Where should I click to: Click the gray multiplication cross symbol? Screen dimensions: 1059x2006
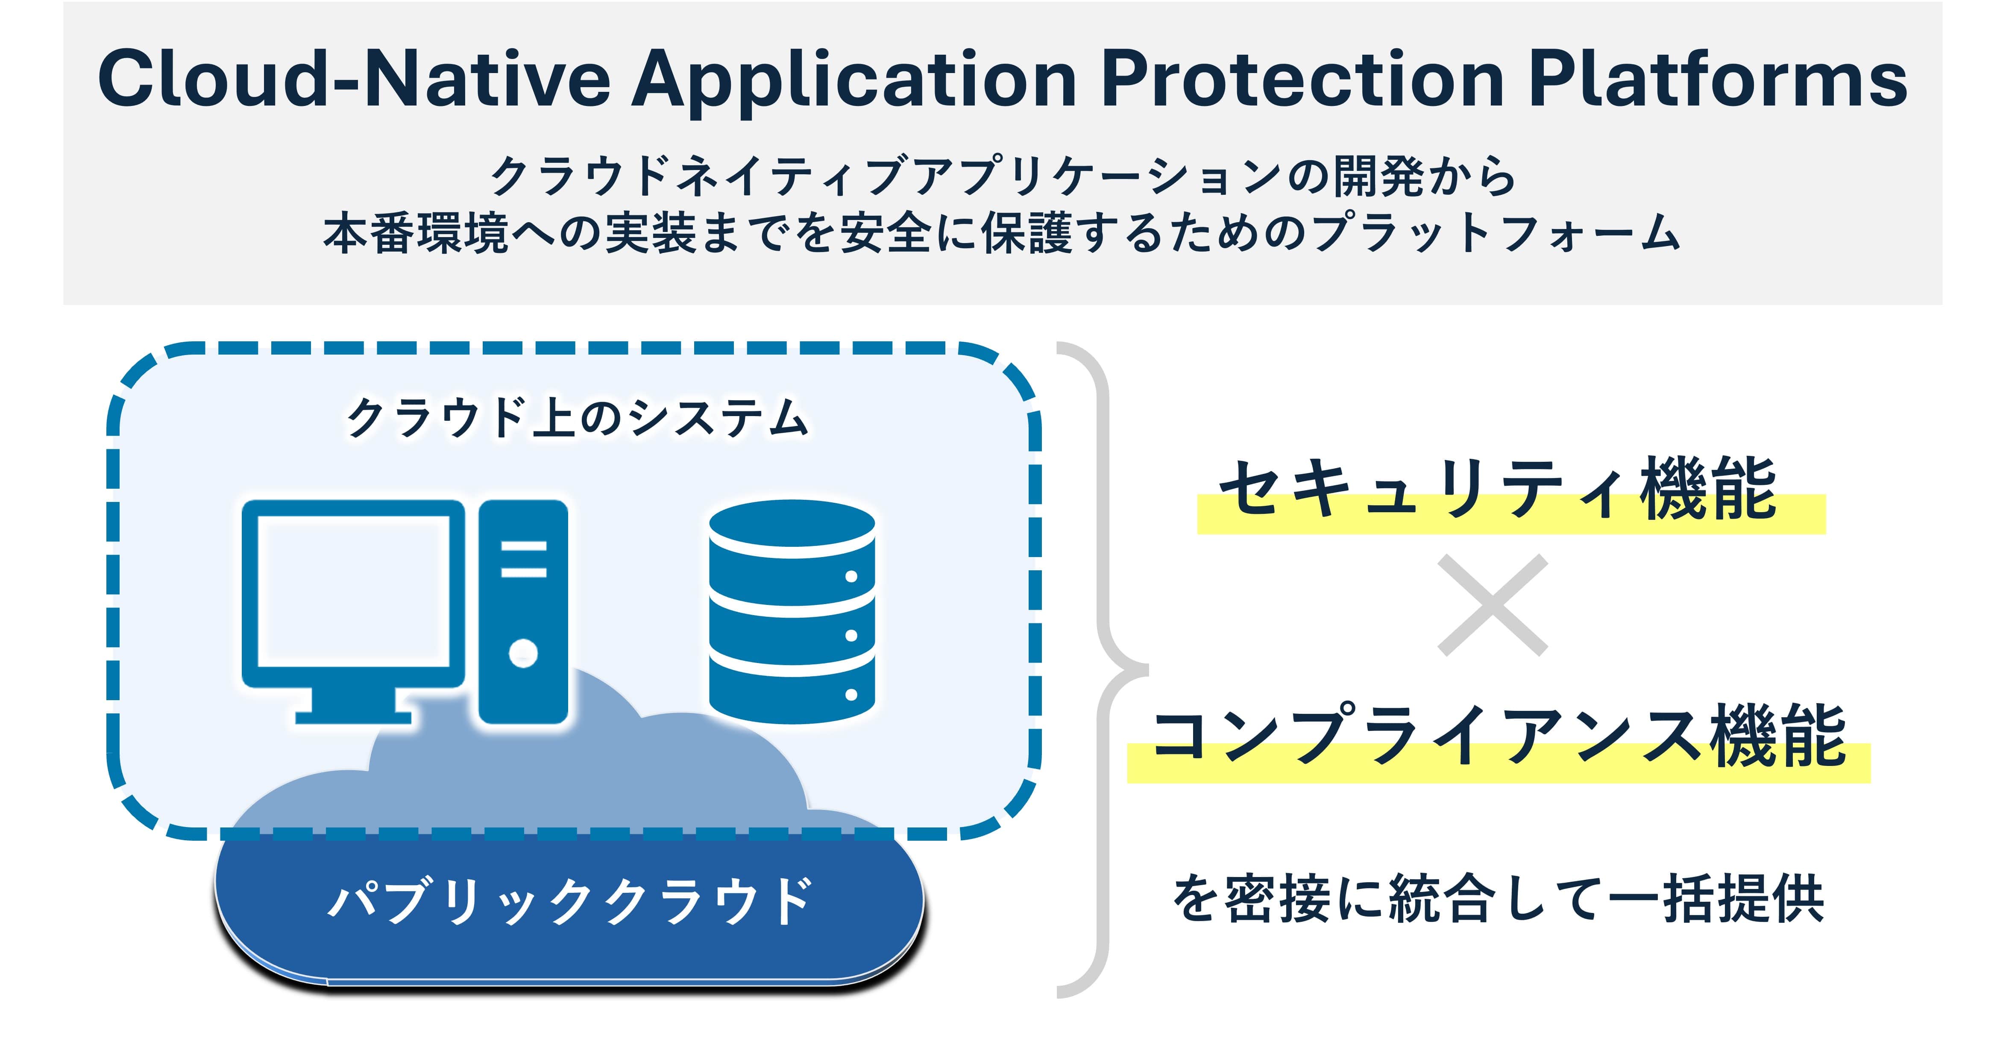click(1492, 605)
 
